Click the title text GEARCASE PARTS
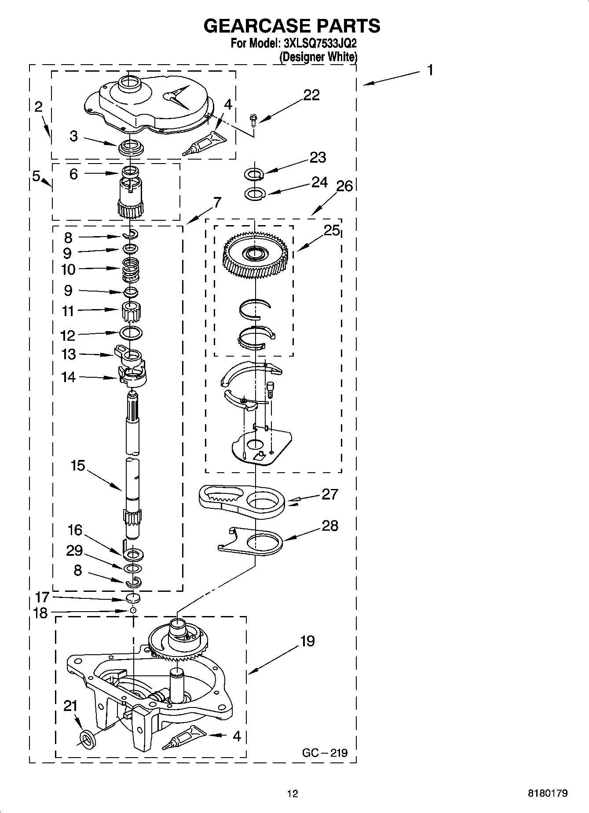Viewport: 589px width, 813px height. coord(292,26)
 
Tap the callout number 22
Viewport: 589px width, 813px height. coord(311,95)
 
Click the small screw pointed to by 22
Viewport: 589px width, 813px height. coord(253,118)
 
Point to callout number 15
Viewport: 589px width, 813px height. coord(77,465)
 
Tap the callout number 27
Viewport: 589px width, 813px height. coord(330,494)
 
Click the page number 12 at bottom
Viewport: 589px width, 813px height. coord(293,794)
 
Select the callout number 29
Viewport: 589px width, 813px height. coord(74,551)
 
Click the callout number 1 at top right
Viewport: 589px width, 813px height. coord(430,70)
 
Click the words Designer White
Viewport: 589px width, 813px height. coord(319,57)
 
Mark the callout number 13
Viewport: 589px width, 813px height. coord(69,354)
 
